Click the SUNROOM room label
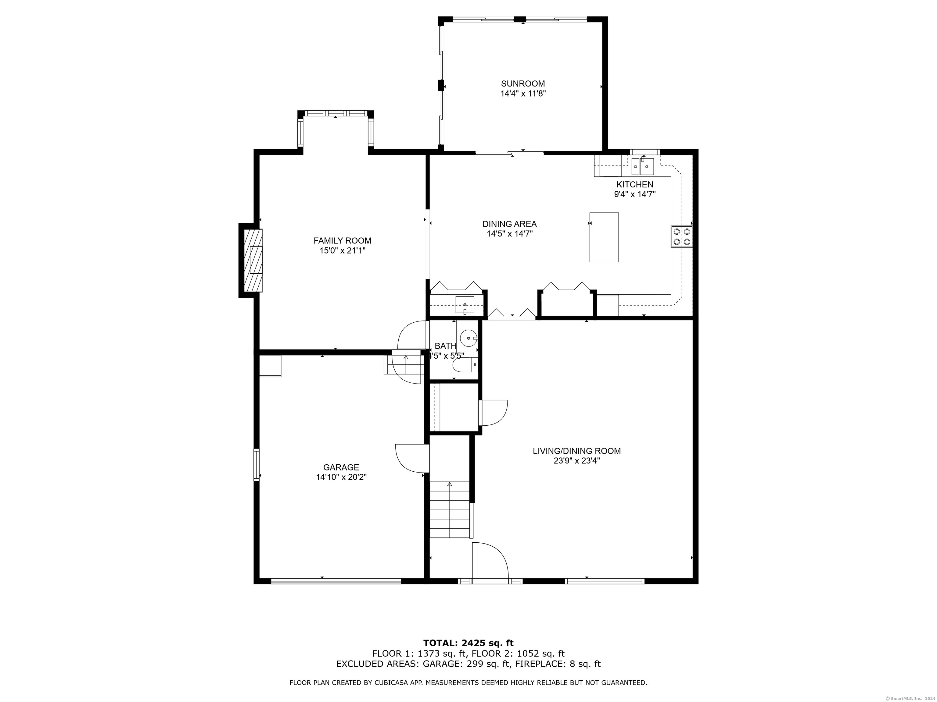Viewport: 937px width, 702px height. (523, 84)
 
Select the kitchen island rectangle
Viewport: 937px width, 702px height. (604, 237)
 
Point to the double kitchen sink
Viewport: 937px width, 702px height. (642, 166)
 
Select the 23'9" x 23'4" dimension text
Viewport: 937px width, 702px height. (576, 461)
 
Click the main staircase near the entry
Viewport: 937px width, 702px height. (450, 509)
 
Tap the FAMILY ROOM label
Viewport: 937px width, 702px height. (342, 240)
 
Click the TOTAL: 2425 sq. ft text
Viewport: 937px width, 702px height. (468, 643)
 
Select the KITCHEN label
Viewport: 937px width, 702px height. (634, 185)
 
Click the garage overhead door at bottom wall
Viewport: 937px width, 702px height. (336, 581)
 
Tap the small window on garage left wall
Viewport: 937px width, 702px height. (256, 465)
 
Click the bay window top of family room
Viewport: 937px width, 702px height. (336, 113)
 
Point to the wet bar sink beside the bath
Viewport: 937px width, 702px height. (465, 305)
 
